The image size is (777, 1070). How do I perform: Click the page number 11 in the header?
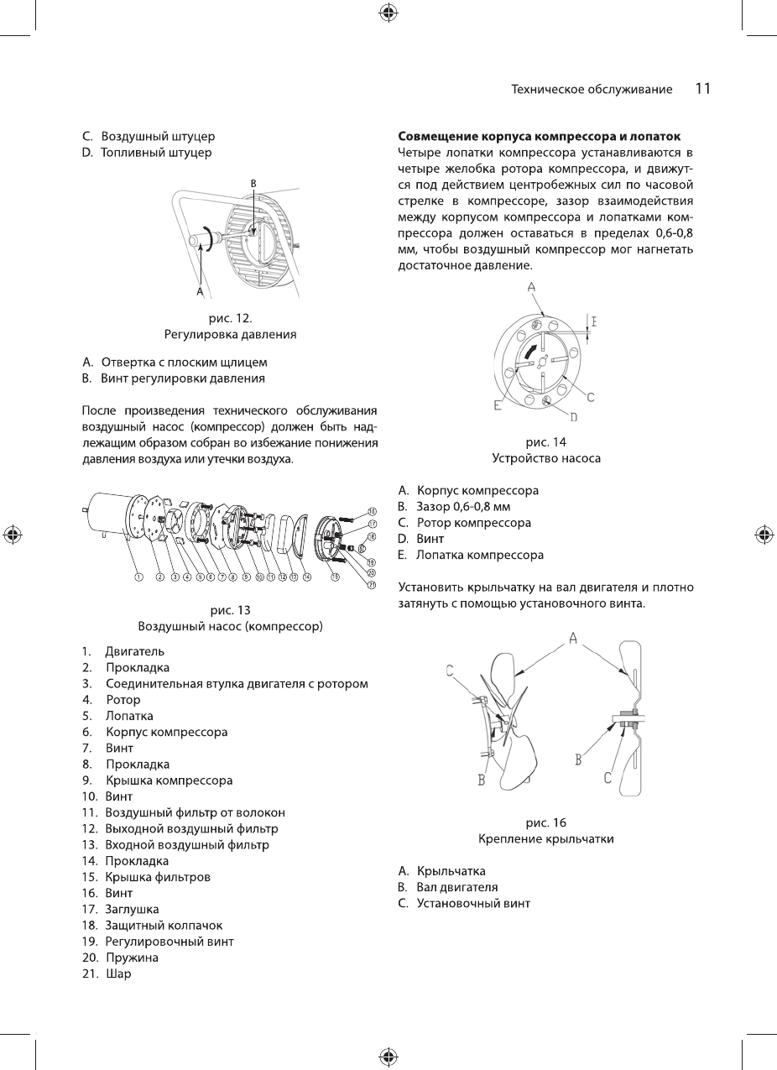703,89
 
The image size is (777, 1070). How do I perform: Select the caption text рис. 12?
230,319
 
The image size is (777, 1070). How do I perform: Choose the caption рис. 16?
545,822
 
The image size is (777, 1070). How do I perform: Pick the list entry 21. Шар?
107,973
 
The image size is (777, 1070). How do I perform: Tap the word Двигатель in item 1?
134,651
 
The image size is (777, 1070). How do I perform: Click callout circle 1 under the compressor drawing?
138,577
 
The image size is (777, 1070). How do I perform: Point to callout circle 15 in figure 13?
335,577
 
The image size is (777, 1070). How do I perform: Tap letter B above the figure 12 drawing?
253,182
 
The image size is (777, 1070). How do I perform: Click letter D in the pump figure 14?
574,416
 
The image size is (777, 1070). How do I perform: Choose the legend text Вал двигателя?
456,887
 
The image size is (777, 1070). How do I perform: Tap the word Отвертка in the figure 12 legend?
128,363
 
